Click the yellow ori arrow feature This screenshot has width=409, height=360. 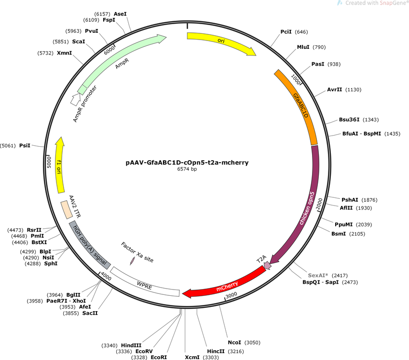222,41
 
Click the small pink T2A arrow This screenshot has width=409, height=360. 267,265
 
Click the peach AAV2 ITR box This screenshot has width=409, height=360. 67,209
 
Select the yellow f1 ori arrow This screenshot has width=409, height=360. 60,165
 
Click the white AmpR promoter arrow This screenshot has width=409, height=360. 76,99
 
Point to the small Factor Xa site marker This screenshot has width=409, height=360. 132,261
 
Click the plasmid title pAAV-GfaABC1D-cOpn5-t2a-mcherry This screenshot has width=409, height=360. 187,162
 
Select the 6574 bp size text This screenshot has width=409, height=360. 187,169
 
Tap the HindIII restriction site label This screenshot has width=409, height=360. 131,346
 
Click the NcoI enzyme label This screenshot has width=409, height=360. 234,342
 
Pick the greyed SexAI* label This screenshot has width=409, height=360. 318,275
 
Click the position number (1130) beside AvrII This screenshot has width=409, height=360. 353,90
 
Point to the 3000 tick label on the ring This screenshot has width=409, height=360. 232,295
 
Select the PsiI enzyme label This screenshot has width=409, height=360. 25,145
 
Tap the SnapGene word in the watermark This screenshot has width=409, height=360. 391,3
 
